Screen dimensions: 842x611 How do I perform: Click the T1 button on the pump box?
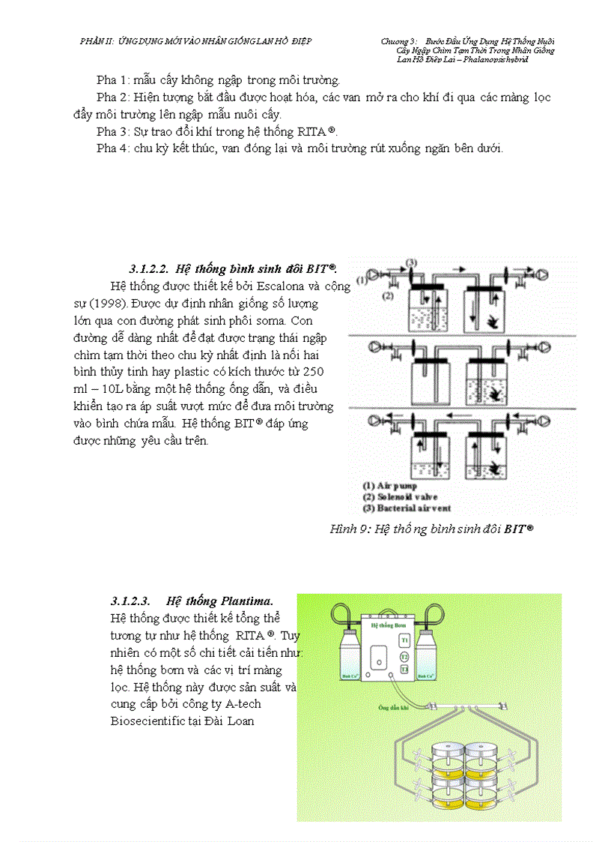pos(404,641)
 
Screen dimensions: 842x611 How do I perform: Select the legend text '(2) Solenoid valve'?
pos(400,496)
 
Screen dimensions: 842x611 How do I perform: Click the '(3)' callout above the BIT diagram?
pos(410,262)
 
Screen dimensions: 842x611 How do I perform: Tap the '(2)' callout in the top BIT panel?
pos(387,296)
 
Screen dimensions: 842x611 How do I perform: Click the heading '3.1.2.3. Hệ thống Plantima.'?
pos(192,601)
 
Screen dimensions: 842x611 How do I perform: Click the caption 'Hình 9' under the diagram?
pos(349,529)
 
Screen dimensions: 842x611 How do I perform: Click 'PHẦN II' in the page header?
pos(95,40)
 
